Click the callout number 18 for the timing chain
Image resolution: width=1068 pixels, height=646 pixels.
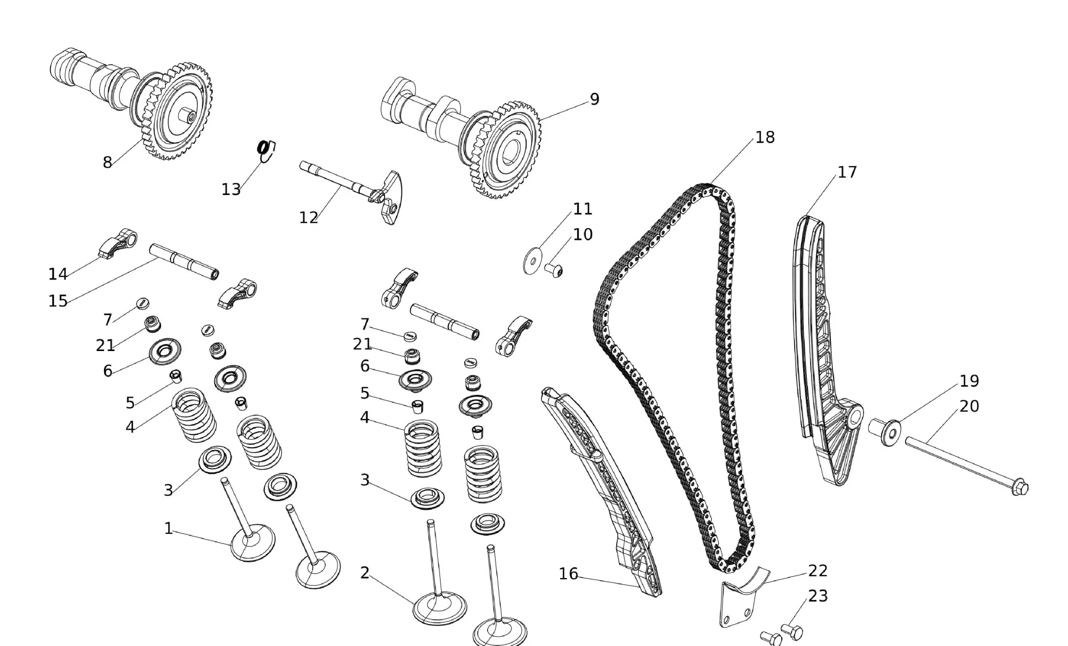(x=765, y=137)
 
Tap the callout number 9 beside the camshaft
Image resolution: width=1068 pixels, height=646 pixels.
(x=594, y=99)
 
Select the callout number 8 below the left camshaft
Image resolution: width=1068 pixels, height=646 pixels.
(x=107, y=162)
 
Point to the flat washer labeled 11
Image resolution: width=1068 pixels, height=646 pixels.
(x=531, y=261)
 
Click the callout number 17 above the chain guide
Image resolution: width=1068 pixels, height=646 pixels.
(x=847, y=172)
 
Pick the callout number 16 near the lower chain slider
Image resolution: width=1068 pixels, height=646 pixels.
(x=568, y=574)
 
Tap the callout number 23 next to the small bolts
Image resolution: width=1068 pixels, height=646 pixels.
(x=818, y=596)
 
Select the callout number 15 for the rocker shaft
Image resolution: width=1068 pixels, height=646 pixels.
(x=58, y=301)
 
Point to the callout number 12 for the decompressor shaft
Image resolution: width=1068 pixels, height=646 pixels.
(x=308, y=217)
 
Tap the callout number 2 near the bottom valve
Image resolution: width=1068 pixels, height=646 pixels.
(x=365, y=573)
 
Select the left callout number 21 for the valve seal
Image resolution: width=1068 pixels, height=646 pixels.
(x=105, y=345)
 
